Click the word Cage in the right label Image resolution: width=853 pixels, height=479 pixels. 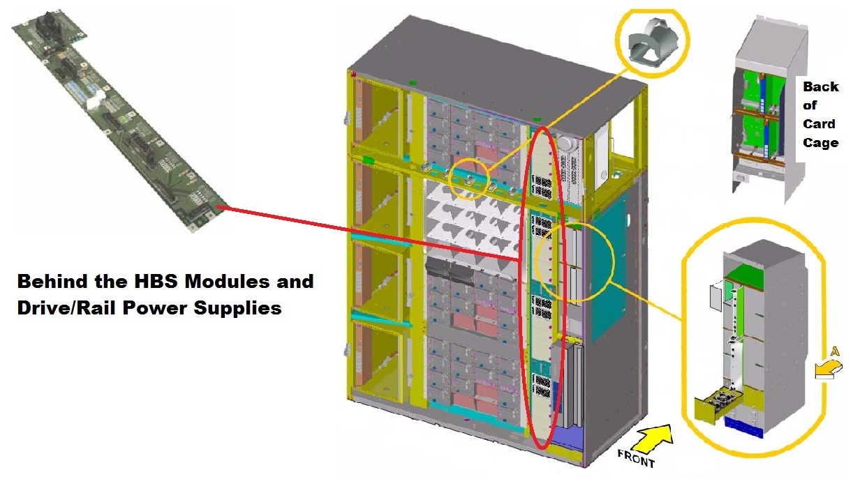point(820,142)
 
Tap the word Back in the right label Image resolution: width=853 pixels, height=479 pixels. point(820,87)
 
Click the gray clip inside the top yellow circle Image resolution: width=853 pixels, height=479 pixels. point(651,41)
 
